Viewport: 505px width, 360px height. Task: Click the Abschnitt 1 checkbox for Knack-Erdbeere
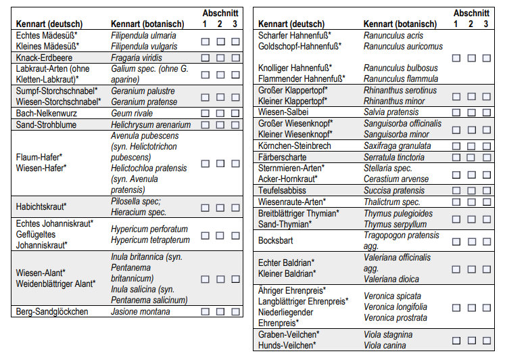tap(206, 58)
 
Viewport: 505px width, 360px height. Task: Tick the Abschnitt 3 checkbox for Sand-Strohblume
tap(235, 125)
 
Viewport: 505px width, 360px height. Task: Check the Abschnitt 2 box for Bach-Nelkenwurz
tap(220, 114)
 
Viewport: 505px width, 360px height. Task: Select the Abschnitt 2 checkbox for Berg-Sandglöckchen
tap(220, 312)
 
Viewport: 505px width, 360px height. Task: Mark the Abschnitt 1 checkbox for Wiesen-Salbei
tap(456, 112)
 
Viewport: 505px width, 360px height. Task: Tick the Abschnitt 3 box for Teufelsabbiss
tap(486, 191)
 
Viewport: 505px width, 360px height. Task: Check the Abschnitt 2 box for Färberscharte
tap(471, 157)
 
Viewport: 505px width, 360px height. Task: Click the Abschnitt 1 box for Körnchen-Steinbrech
tap(456, 145)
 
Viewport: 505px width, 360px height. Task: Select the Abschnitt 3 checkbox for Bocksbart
tap(486, 240)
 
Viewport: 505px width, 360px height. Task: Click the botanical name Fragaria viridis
tap(137, 58)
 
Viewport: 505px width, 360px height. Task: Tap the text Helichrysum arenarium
tap(151, 125)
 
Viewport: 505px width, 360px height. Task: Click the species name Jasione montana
tap(141, 312)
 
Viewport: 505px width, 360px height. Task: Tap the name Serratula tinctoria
tap(394, 157)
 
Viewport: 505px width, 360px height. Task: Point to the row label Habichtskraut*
tap(41, 206)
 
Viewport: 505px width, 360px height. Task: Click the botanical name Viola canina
tap(387, 345)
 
